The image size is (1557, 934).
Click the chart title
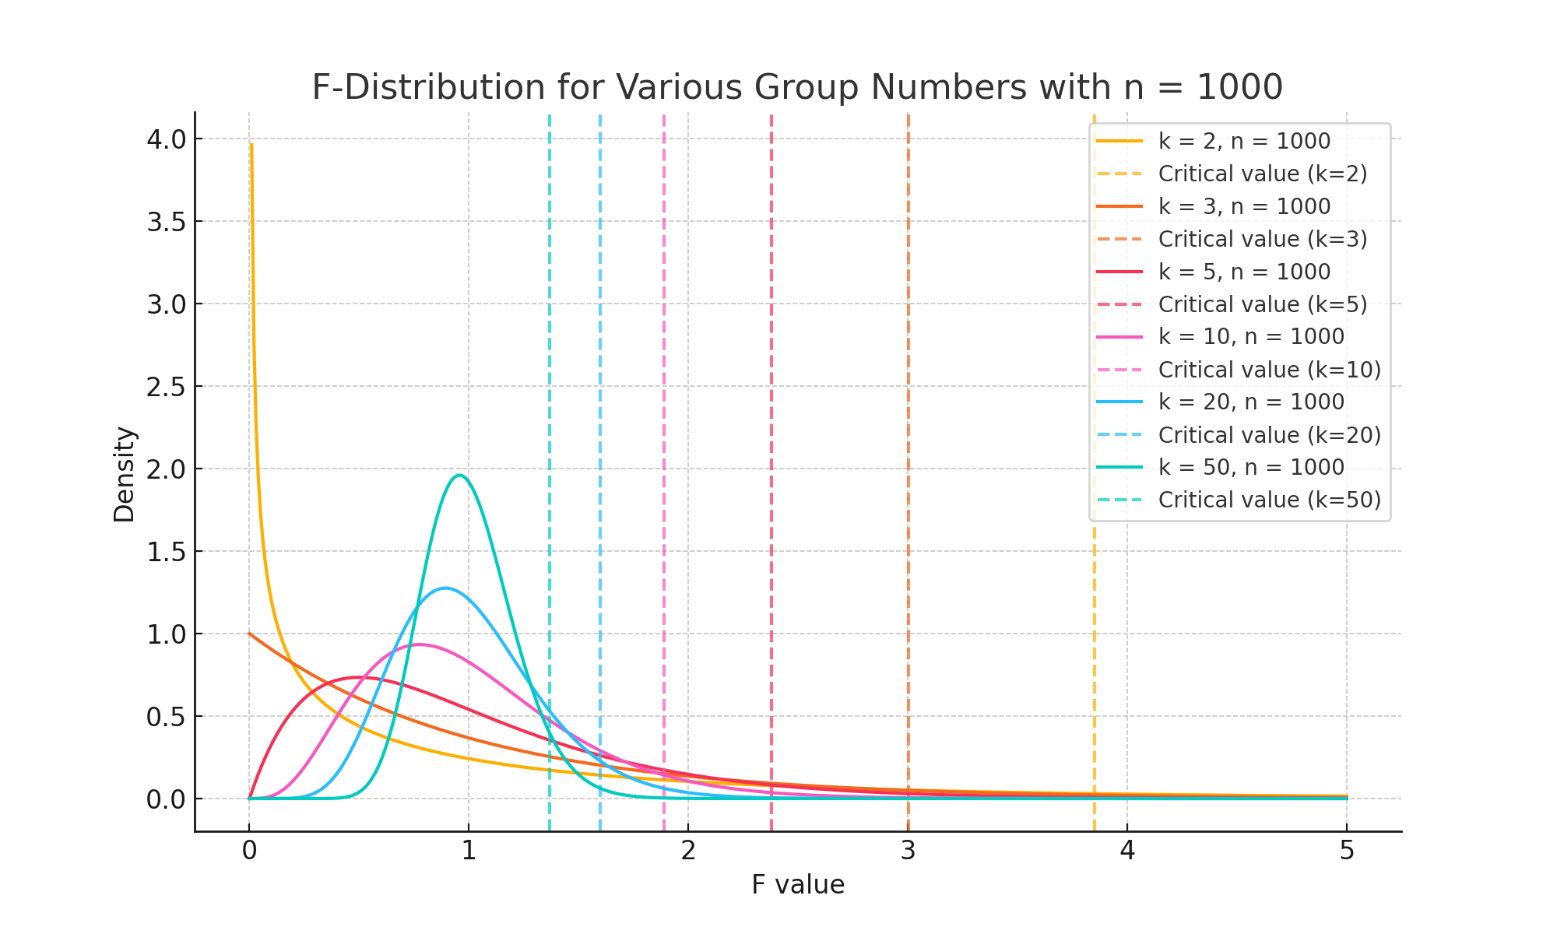click(x=797, y=87)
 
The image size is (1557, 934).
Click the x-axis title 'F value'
click(x=798, y=885)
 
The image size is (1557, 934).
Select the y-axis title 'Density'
click(x=125, y=474)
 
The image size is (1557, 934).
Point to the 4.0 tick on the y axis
click(x=167, y=139)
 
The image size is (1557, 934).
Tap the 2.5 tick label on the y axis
click(x=167, y=387)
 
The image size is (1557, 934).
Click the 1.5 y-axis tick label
click(x=167, y=552)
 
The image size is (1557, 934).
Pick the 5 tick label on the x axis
click(x=1347, y=851)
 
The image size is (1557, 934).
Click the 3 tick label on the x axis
click(x=908, y=851)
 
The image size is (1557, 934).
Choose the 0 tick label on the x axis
click(x=249, y=851)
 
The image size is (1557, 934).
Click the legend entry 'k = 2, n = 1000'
click(x=1244, y=141)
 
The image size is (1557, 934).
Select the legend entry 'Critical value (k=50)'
click(x=1269, y=500)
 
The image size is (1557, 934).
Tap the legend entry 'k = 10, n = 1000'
click(x=1251, y=336)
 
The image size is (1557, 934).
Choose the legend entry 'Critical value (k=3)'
click(x=1262, y=239)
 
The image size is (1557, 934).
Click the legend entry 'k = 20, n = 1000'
click(x=1251, y=402)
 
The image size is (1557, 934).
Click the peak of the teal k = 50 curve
click(x=460, y=476)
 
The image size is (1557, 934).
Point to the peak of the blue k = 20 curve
click(x=445, y=588)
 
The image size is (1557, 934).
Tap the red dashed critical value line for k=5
click(x=771, y=389)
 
